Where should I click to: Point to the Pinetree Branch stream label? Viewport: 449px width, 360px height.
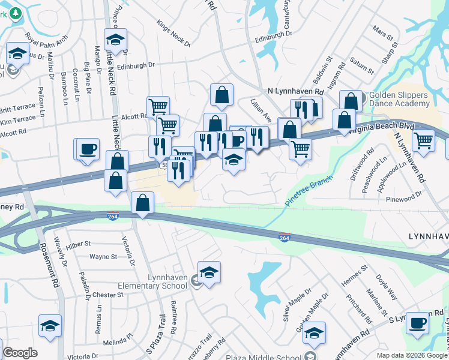tap(309, 191)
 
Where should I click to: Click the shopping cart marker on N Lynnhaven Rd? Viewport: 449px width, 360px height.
tap(424, 140)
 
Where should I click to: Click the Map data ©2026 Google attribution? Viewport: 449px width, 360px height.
tap(412, 355)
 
